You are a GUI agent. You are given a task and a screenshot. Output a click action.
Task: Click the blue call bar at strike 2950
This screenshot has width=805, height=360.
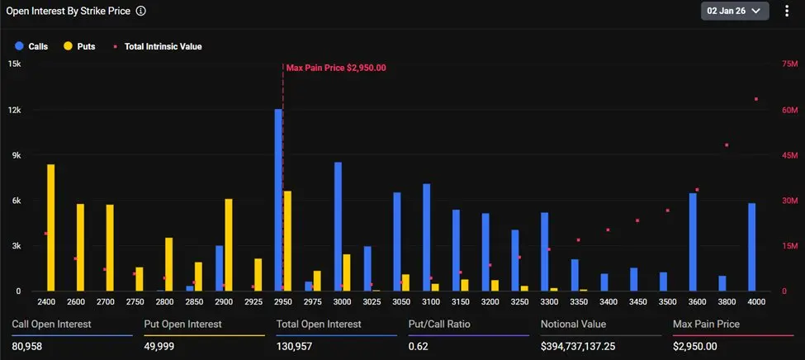pos(279,200)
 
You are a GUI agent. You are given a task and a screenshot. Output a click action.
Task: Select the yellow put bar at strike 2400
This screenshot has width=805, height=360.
pos(51,227)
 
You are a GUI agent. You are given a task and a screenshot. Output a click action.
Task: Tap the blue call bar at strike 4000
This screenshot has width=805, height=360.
pos(752,247)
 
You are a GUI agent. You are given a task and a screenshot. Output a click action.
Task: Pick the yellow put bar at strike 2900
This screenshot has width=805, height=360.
pos(229,244)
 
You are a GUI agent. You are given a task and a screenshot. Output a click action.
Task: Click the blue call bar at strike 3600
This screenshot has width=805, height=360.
pos(693,242)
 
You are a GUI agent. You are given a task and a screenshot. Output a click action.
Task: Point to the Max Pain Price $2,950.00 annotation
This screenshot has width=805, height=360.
pos(336,68)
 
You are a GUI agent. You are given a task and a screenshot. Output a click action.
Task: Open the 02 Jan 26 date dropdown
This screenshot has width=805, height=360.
pos(735,11)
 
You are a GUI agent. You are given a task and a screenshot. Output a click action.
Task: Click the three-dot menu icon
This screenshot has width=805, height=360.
pos(787,11)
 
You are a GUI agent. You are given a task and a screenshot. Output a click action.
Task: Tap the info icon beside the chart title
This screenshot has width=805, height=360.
pos(141,12)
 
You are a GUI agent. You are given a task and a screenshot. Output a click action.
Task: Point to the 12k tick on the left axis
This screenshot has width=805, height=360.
pos(14,110)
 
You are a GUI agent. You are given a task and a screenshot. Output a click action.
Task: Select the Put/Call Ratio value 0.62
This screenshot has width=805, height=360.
pos(419,345)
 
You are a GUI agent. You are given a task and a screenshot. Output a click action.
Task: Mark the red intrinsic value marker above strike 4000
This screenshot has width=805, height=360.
pos(755,99)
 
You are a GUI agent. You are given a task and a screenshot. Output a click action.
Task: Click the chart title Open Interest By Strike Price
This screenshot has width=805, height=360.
pos(68,12)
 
